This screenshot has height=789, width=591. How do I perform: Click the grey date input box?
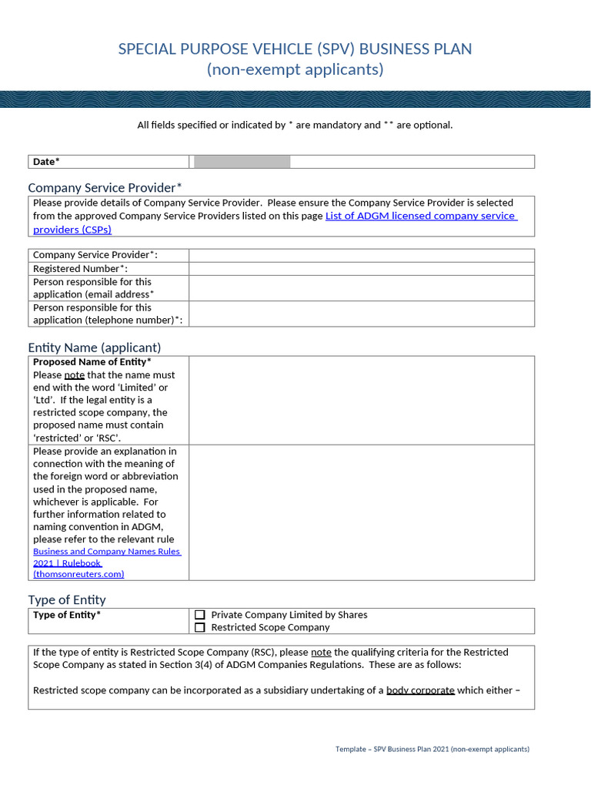(x=242, y=161)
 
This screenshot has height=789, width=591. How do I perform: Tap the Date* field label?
(x=46, y=162)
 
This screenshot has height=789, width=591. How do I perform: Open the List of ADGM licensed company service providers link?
(x=420, y=216)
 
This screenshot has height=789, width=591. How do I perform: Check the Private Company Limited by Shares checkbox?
(x=200, y=615)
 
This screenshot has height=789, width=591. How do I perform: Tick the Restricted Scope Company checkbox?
(x=200, y=627)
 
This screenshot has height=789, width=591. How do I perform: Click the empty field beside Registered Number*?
(x=361, y=269)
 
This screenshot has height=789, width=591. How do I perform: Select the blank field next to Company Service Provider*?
(x=361, y=256)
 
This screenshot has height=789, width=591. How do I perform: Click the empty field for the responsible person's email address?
(x=361, y=288)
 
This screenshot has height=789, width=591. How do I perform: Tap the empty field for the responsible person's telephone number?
(x=361, y=314)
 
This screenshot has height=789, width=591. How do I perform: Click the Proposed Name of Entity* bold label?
(x=92, y=362)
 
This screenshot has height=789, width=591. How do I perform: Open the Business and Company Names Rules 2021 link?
(x=107, y=552)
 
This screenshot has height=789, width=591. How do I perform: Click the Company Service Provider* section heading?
(x=105, y=187)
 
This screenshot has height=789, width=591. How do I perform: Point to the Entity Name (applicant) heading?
(x=95, y=347)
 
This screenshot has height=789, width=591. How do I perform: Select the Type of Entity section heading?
(x=67, y=599)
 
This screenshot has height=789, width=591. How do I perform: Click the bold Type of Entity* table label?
(x=66, y=615)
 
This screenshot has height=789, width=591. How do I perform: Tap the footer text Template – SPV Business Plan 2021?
(x=432, y=749)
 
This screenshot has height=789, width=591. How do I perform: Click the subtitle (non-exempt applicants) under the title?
(x=295, y=70)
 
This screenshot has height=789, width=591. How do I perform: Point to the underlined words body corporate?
(x=420, y=690)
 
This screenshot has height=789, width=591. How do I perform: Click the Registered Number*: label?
(x=80, y=269)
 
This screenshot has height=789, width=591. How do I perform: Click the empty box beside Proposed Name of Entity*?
(x=361, y=400)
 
